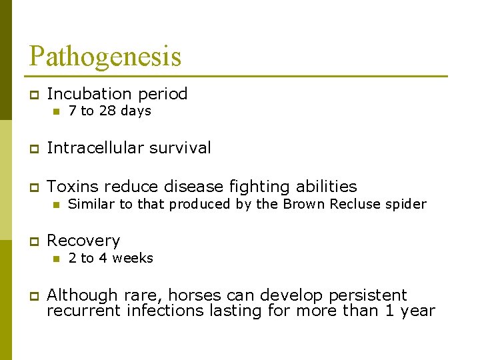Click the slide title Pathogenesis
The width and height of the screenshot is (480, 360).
(105, 56)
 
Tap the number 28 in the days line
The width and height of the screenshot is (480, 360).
(107, 111)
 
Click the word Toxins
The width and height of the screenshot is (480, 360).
(71, 187)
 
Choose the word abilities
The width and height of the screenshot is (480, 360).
(325, 187)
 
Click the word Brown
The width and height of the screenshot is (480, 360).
(301, 204)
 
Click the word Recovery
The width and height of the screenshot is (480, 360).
(83, 241)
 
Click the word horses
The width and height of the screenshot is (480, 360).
(196, 295)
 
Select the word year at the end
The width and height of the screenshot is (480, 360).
(417, 311)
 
